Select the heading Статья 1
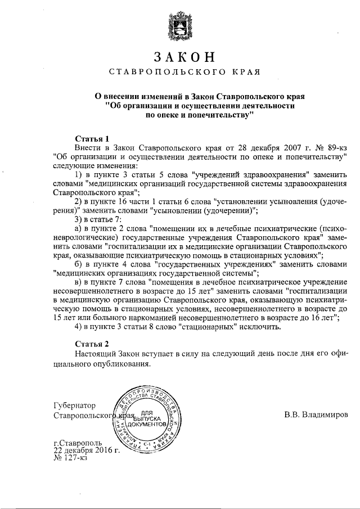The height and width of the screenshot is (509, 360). point(91,138)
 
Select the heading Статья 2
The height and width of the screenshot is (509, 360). point(91,343)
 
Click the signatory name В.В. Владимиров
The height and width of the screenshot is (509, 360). point(316,415)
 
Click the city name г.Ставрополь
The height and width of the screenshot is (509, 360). point(78,443)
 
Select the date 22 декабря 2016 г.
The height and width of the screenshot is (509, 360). point(87,451)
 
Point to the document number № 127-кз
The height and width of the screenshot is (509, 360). point(71,459)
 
